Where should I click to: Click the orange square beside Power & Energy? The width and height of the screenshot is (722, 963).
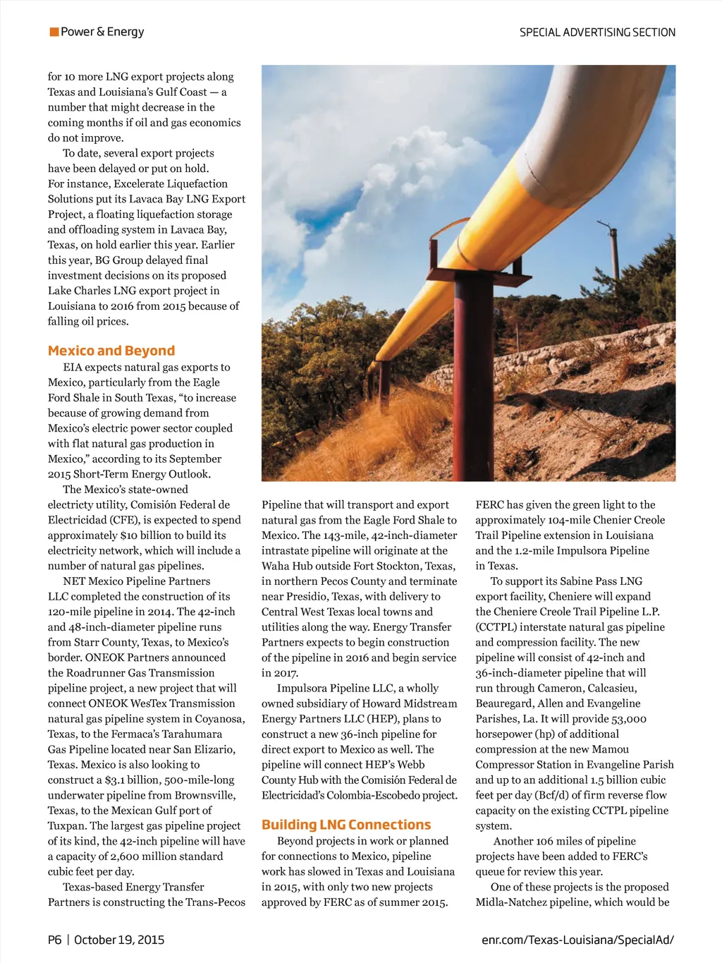click(54, 32)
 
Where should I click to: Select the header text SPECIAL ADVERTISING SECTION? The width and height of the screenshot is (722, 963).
click(597, 32)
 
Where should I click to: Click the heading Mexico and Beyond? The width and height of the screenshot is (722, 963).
click(111, 351)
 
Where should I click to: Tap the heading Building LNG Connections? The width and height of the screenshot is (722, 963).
click(346, 825)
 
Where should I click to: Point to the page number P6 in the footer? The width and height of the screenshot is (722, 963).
click(55, 940)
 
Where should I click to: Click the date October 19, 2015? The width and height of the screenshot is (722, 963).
click(119, 940)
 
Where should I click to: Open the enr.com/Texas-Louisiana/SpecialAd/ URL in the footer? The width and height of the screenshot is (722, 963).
click(577, 940)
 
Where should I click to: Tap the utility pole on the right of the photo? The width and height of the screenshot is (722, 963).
click(614, 258)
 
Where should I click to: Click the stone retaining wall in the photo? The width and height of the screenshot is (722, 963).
click(536, 360)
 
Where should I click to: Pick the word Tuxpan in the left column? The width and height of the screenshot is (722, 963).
click(67, 826)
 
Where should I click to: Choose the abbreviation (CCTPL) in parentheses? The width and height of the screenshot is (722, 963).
click(499, 627)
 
